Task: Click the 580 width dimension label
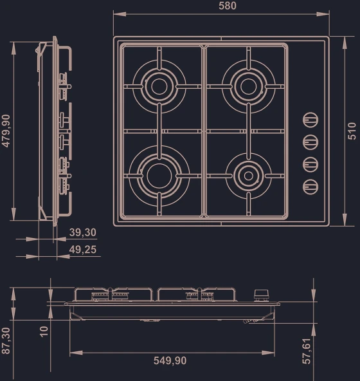[x=227, y=6]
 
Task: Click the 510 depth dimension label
[x=352, y=131]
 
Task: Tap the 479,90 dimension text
[x=6, y=131]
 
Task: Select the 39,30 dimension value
[x=83, y=232]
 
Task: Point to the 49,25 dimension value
[x=83, y=250]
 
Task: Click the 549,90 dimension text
[x=170, y=360]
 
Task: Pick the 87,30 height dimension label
[x=6, y=340]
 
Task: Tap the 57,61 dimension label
[x=307, y=351]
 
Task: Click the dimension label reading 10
[x=44, y=331]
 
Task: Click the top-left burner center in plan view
[x=159, y=86]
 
